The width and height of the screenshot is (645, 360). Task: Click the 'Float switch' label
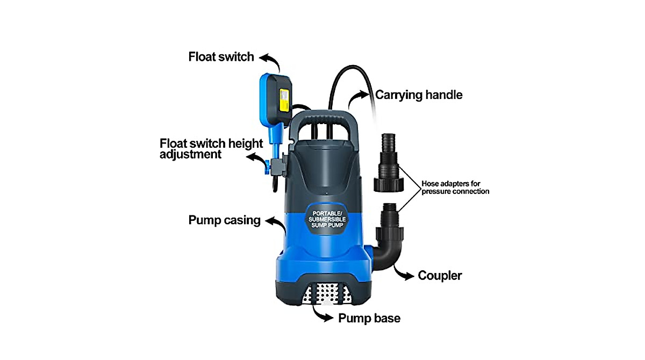(221, 57)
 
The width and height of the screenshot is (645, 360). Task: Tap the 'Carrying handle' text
(419, 95)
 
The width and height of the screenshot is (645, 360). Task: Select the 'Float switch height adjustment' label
(211, 148)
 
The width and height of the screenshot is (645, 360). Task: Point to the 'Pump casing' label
(224, 220)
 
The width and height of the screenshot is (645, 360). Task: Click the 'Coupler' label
(440, 276)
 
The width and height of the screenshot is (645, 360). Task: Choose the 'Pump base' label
(369, 318)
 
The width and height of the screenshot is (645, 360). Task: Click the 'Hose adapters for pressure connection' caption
(455, 187)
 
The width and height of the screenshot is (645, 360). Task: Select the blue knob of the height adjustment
(267, 163)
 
